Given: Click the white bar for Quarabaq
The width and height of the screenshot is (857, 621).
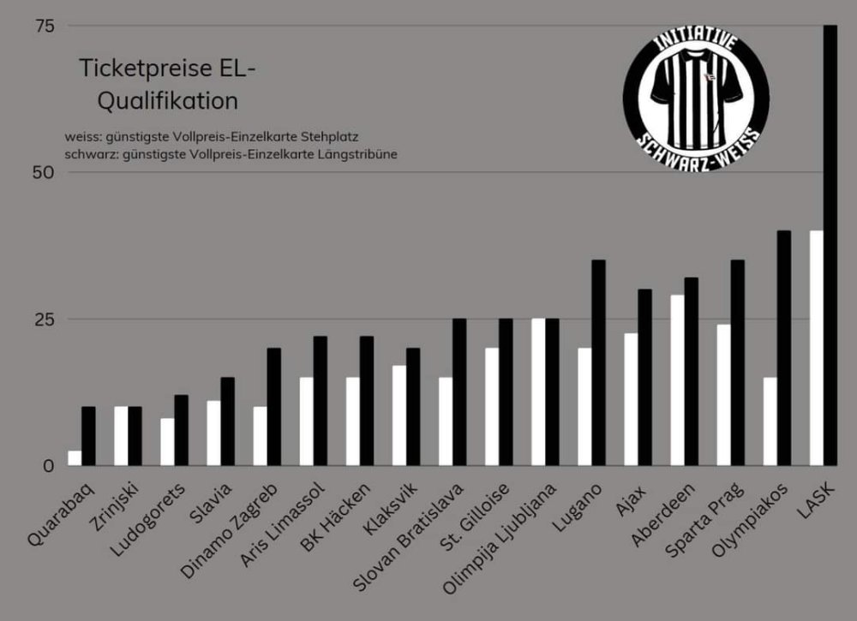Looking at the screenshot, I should pos(75,458).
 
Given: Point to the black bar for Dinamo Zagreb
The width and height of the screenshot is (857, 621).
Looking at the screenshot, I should pos(273,407).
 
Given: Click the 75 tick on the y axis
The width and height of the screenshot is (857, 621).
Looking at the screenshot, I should pos(45,27).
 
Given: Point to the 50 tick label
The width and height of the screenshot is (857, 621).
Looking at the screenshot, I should pos(45,173).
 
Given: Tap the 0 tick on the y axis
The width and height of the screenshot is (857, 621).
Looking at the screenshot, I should pos(49,466).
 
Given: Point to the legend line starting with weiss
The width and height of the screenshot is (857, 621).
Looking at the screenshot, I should pos(211,136).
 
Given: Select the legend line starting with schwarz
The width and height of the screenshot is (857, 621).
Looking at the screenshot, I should pos(230,153).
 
